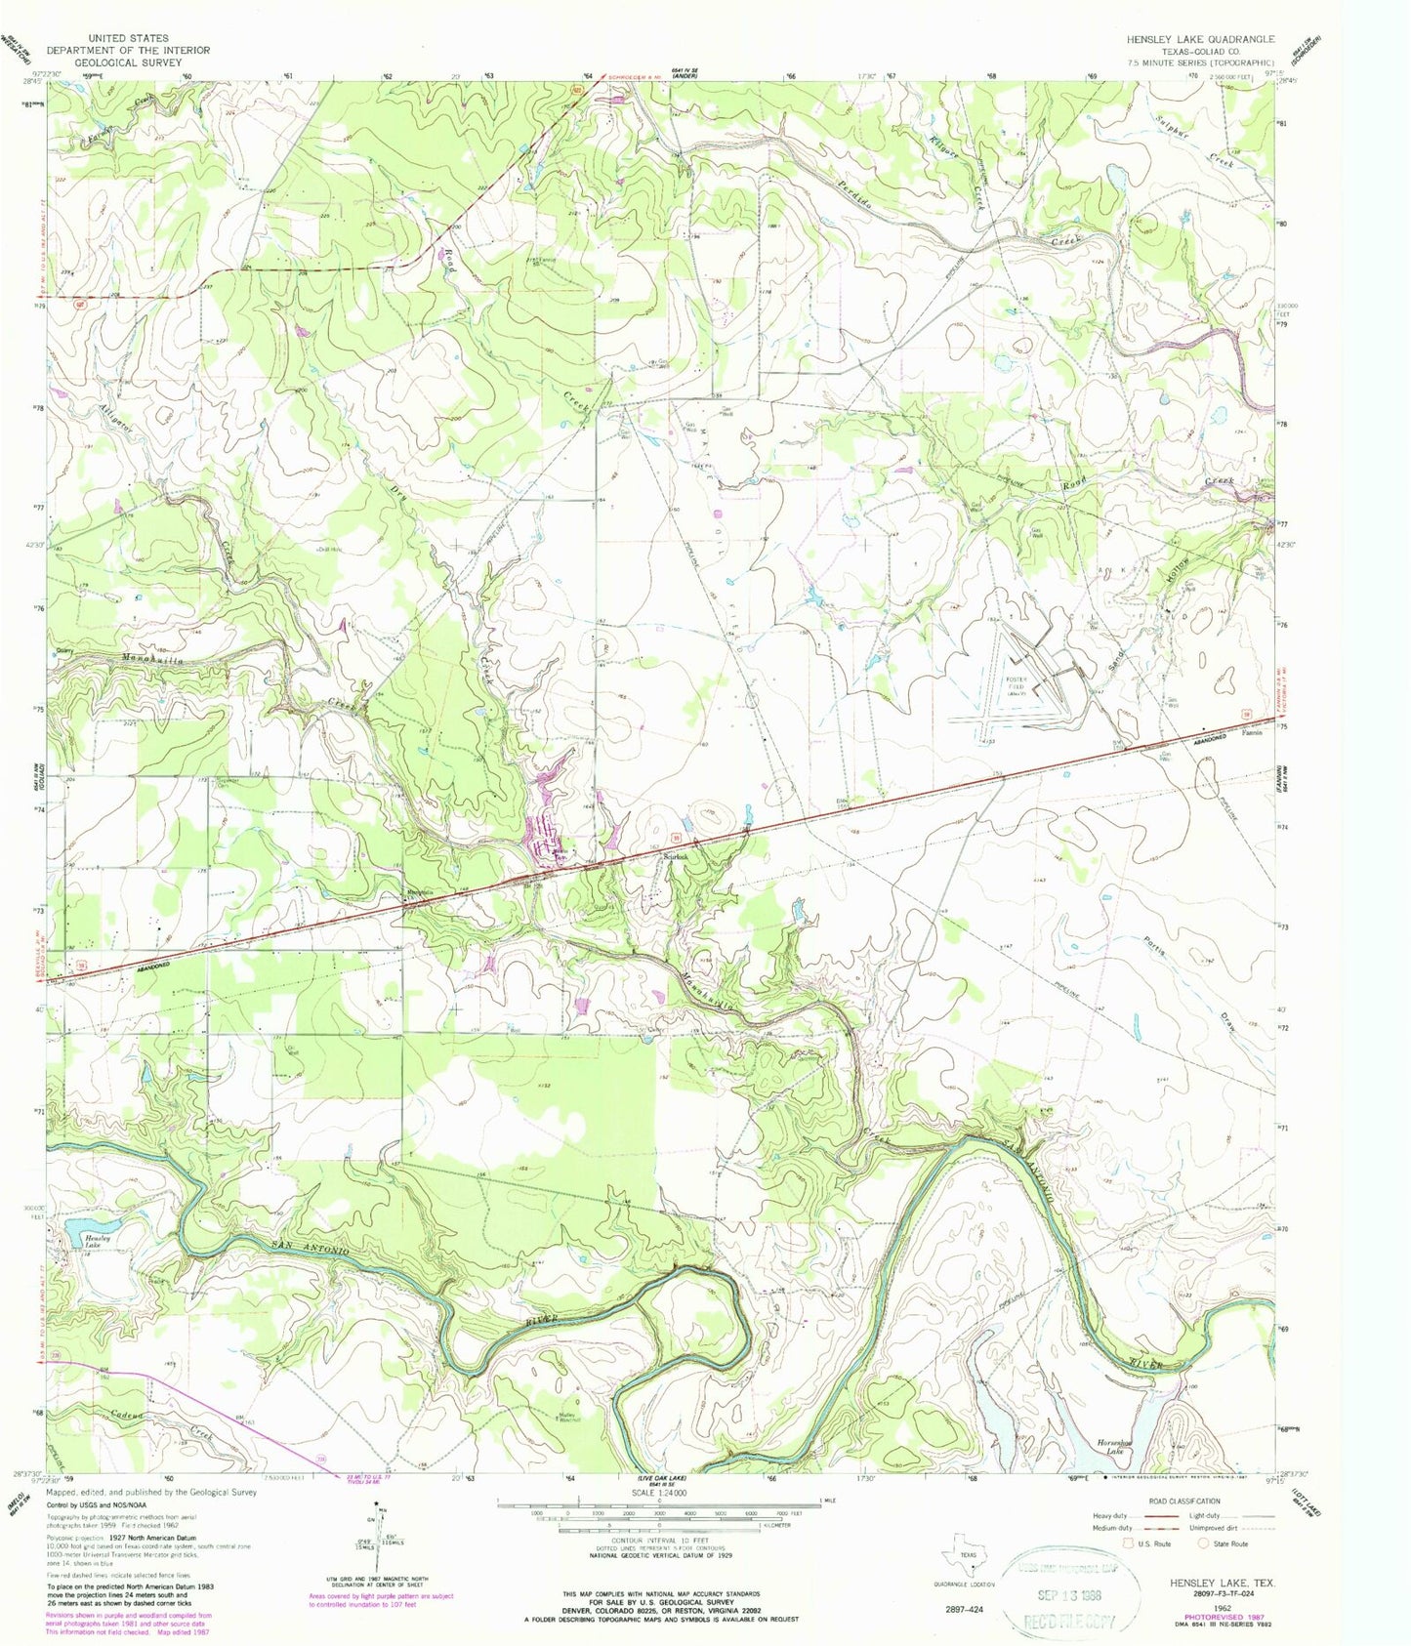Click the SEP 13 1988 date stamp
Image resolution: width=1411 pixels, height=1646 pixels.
pos(1072,1579)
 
